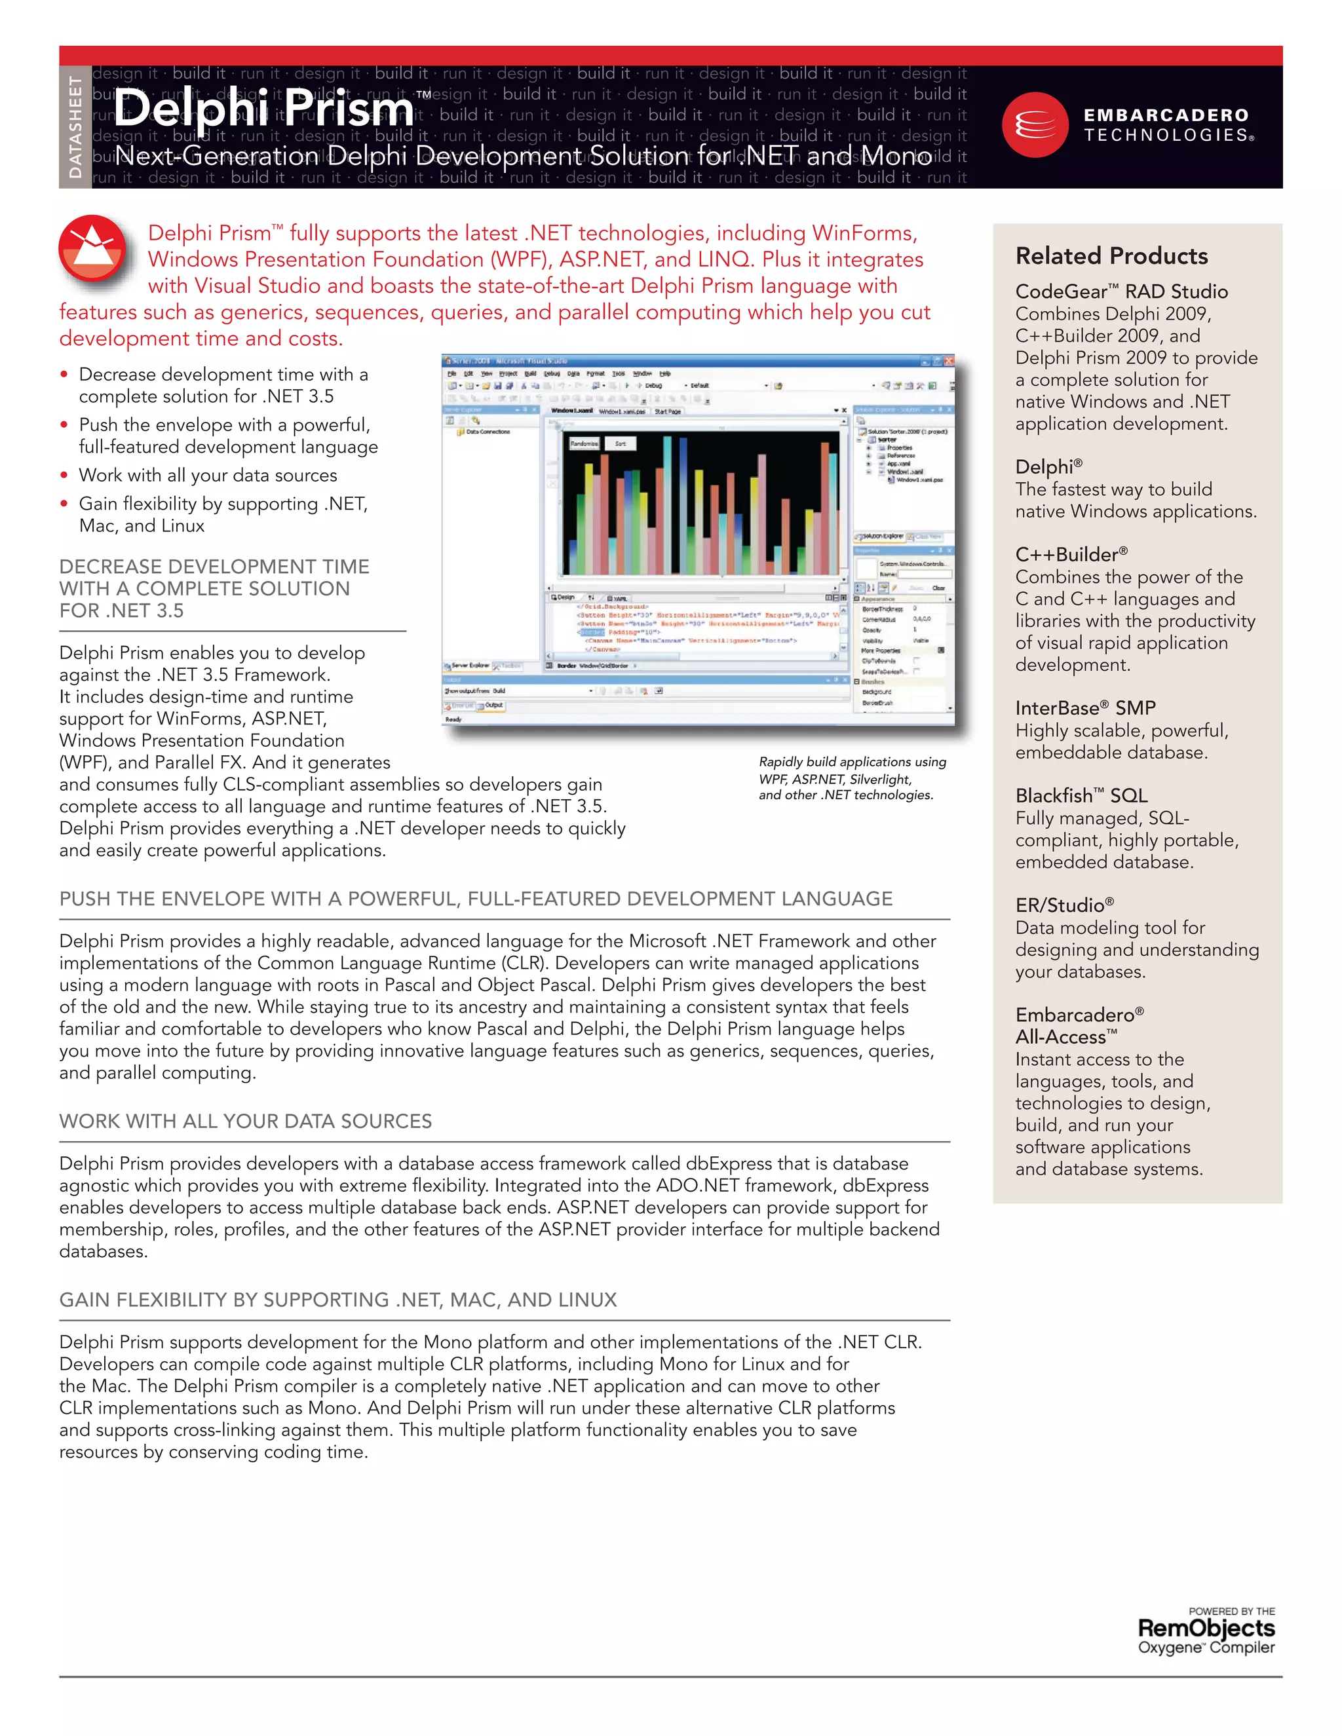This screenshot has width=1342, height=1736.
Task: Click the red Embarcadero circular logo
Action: [1035, 124]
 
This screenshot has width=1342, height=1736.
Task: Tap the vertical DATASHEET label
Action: [75, 127]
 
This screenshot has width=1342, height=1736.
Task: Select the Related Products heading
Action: [1111, 256]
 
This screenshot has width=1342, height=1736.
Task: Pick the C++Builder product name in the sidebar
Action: [1071, 554]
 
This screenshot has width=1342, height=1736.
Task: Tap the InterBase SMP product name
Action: [1084, 708]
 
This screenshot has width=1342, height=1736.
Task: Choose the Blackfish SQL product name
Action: [1081, 796]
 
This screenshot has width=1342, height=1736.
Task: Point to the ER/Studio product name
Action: [1064, 905]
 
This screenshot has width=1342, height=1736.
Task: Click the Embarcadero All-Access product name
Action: [1078, 1026]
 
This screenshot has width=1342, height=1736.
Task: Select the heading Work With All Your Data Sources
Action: [245, 1121]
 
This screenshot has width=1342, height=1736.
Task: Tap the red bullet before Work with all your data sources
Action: [64, 476]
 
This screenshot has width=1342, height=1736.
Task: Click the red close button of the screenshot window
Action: [948, 361]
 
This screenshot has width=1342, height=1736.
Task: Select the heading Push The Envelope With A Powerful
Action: [476, 898]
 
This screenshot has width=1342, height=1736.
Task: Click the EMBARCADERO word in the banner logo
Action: [1166, 115]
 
